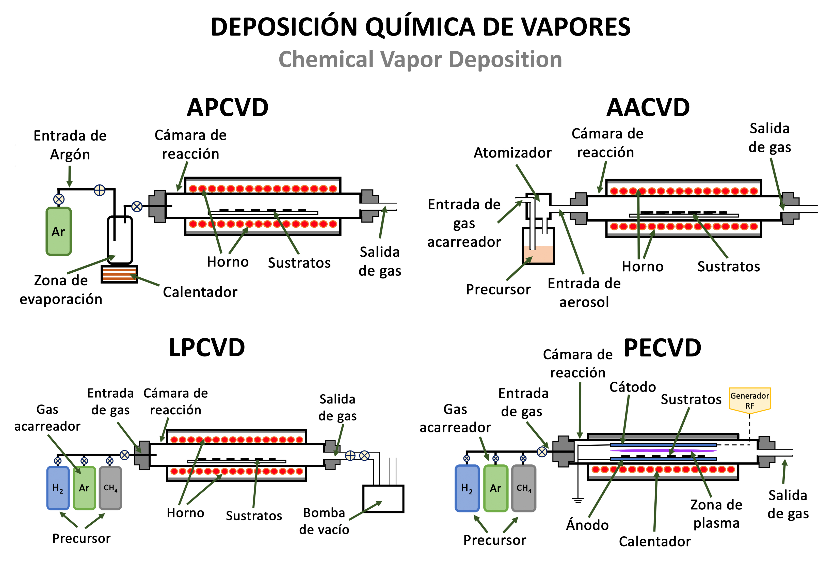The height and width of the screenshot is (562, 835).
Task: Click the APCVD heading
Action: pyautogui.click(x=228, y=107)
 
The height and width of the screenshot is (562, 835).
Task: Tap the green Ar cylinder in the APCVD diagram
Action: pyautogui.click(x=58, y=231)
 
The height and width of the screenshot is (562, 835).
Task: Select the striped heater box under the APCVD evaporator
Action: pyautogui.click(x=119, y=274)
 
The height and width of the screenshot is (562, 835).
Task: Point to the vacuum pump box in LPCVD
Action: pyautogui.click(x=383, y=498)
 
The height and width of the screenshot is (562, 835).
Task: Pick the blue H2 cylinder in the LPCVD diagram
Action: pyautogui.click(x=58, y=488)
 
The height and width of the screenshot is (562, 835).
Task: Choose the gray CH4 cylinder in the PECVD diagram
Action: pyautogui.click(x=523, y=488)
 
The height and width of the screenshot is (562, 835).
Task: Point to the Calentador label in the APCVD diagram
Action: pyautogui.click(x=200, y=292)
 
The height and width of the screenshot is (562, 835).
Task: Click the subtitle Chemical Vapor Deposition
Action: pyautogui.click(x=420, y=59)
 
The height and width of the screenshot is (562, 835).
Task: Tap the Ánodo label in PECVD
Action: pyautogui.click(x=587, y=525)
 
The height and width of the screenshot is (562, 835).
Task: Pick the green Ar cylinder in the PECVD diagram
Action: pyautogui.click(x=495, y=488)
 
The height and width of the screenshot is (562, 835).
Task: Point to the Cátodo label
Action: pyautogui.click(x=633, y=387)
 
